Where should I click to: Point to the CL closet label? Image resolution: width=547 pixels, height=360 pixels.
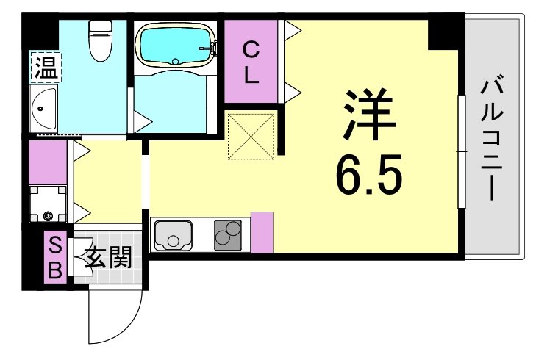251,62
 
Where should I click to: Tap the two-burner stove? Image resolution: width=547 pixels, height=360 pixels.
229,234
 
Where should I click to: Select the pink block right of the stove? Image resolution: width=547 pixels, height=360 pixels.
262,231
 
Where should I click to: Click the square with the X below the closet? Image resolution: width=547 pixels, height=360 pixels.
251,134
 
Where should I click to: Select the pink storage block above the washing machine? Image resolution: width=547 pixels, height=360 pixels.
48,162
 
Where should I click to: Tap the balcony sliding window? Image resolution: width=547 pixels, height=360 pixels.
460,151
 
